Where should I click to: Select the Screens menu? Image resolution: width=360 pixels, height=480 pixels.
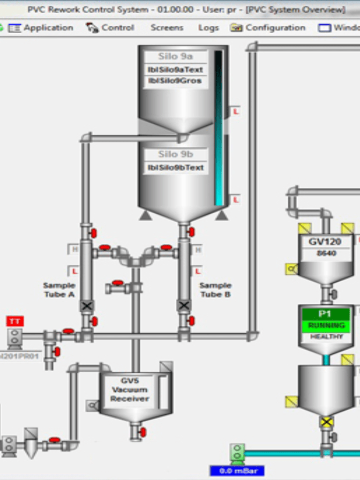click(x=167, y=28)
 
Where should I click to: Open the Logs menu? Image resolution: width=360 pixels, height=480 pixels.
click(x=208, y=28)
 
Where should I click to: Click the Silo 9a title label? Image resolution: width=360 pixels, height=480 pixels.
click(x=175, y=57)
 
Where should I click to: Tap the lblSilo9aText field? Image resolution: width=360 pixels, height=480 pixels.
click(x=175, y=69)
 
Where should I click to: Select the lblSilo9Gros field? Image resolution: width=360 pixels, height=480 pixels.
click(x=175, y=81)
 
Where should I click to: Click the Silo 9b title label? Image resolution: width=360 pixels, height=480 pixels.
click(x=175, y=154)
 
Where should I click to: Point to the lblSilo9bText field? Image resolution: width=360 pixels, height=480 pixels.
click(x=175, y=167)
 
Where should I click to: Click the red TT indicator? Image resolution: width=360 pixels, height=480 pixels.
click(x=15, y=321)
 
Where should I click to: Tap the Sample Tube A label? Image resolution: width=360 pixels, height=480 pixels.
click(x=59, y=290)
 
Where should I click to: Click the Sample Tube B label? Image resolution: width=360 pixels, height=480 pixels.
click(x=215, y=290)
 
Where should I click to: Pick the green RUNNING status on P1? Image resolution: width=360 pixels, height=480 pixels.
click(x=326, y=325)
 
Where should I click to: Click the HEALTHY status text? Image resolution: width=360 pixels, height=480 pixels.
click(x=326, y=337)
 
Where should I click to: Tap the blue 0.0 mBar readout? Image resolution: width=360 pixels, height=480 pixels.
click(x=237, y=470)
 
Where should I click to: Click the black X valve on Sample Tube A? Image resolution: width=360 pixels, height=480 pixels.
click(x=87, y=306)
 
